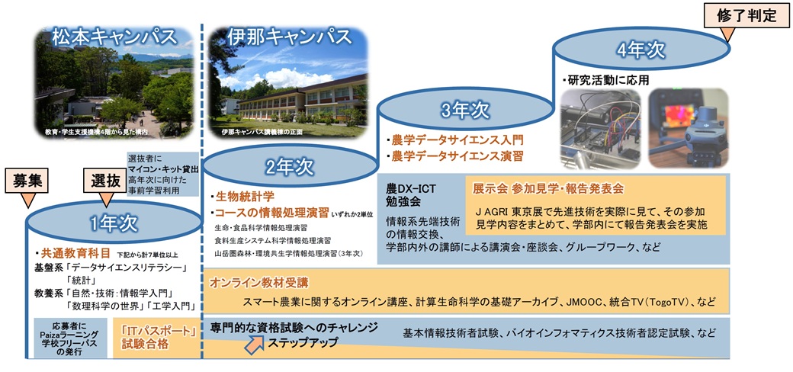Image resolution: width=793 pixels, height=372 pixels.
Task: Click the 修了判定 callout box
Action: (743, 14)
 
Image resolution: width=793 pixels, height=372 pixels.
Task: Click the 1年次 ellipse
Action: (111, 223)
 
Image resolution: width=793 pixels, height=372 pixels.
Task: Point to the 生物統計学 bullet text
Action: (242, 197)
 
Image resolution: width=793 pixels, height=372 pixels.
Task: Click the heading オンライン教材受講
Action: (259, 283)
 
